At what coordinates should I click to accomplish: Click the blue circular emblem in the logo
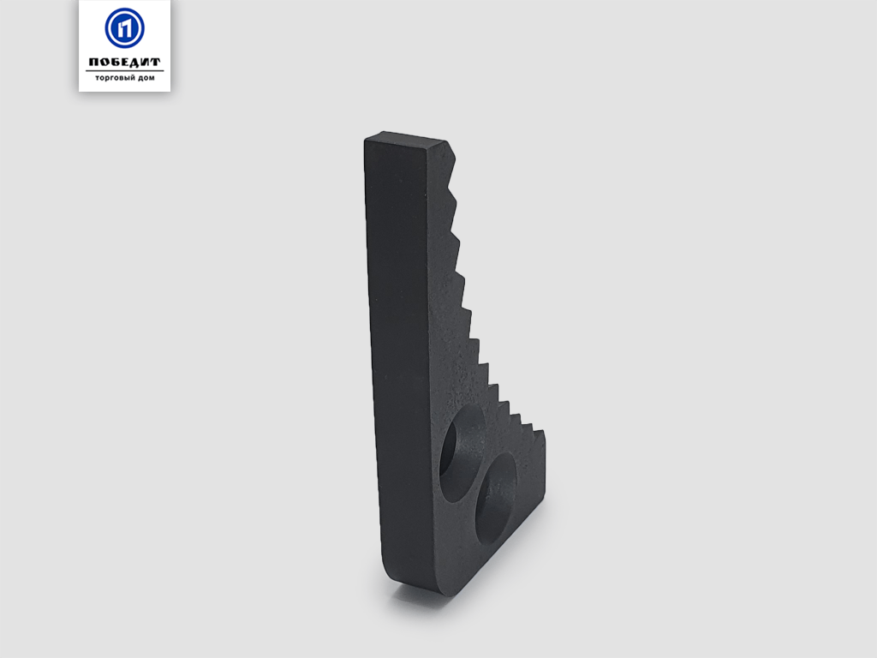tap(124, 28)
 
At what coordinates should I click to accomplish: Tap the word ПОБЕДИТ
tap(124, 62)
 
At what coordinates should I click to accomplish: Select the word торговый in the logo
tap(116, 78)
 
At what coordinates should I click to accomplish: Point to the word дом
tap(146, 78)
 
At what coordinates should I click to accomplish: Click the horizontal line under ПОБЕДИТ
tap(124, 70)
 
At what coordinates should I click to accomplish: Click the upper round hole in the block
tap(462, 452)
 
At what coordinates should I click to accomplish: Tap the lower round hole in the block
tap(497, 499)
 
